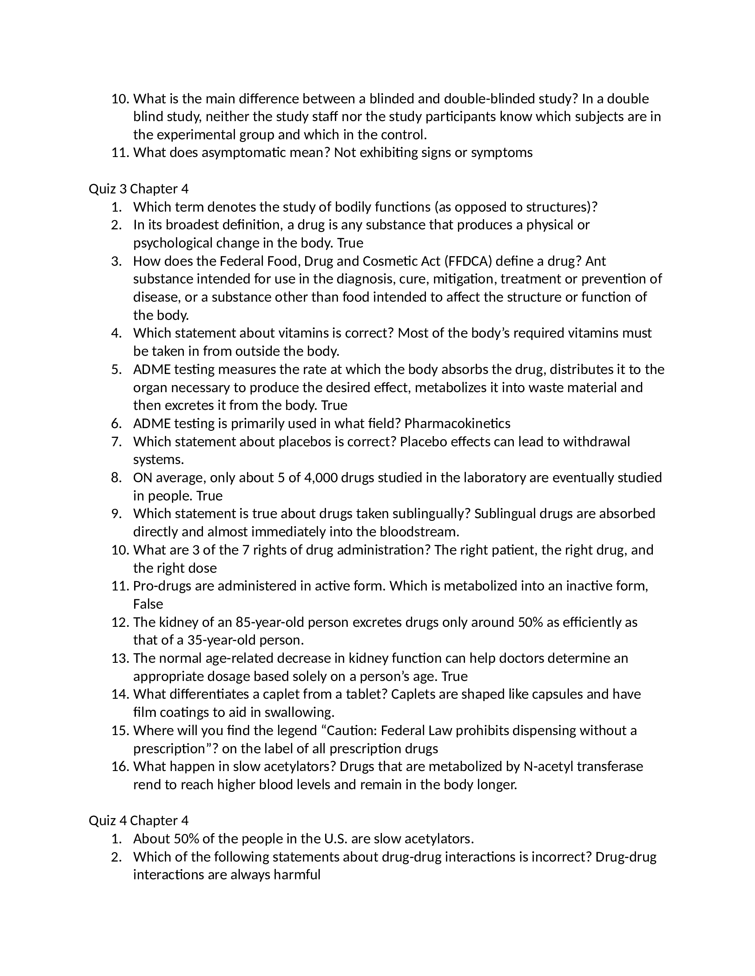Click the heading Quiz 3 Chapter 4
(x=139, y=189)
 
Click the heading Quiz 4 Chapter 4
(x=139, y=820)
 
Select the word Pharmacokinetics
(x=457, y=423)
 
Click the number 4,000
(x=320, y=478)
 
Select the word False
(x=148, y=604)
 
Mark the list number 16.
(x=120, y=767)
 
